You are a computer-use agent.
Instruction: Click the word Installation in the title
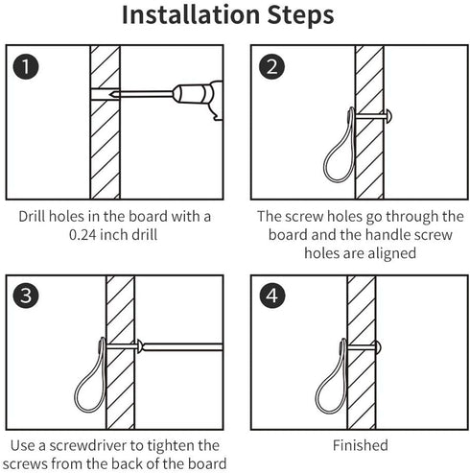[x=191, y=14]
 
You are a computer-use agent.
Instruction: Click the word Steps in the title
[x=300, y=16]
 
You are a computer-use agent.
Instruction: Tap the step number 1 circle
[x=26, y=67]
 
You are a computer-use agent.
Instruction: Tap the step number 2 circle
[x=271, y=67]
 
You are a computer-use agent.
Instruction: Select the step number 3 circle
[x=26, y=296]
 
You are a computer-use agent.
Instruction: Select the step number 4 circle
[x=271, y=296]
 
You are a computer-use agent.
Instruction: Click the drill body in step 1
[x=199, y=98]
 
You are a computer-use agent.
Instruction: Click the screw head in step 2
[x=389, y=117]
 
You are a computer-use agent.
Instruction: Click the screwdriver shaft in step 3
[x=183, y=347]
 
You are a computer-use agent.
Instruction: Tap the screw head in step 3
[x=139, y=346]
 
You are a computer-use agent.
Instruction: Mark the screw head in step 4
[x=378, y=346]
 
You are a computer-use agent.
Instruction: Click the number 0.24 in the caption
[x=82, y=235]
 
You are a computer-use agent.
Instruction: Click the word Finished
[x=361, y=445]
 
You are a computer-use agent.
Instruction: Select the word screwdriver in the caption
[x=87, y=445]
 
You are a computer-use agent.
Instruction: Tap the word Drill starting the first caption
[x=32, y=217]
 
